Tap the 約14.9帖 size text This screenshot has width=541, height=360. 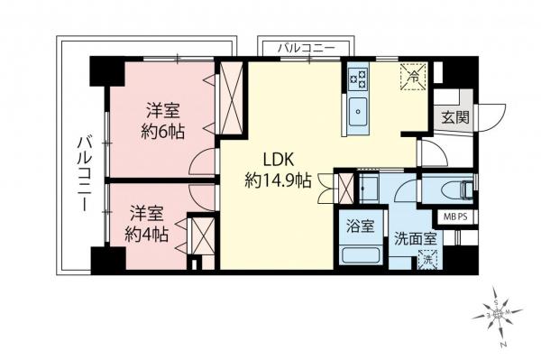coord(279,180)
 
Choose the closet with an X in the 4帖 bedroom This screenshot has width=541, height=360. coord(202,242)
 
